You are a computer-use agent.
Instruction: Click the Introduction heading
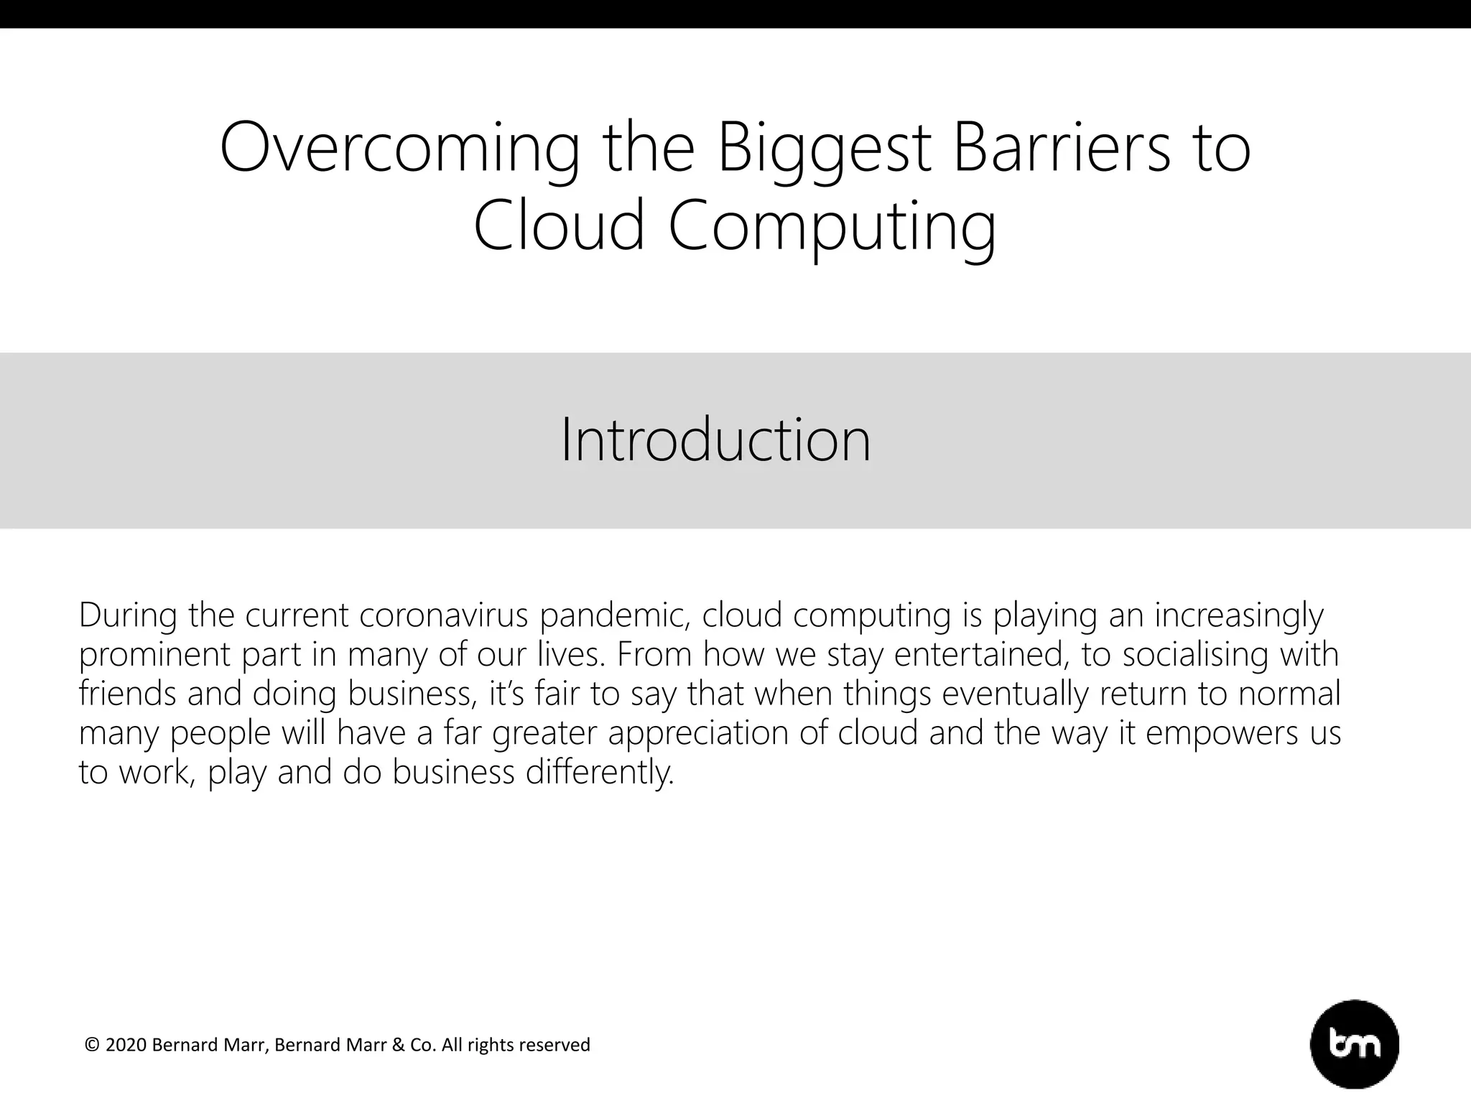click(715, 439)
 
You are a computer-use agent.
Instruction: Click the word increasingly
click(1239, 615)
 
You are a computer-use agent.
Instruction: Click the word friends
click(126, 694)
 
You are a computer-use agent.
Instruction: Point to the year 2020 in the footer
click(126, 1045)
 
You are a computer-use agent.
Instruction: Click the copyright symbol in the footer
click(92, 1046)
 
